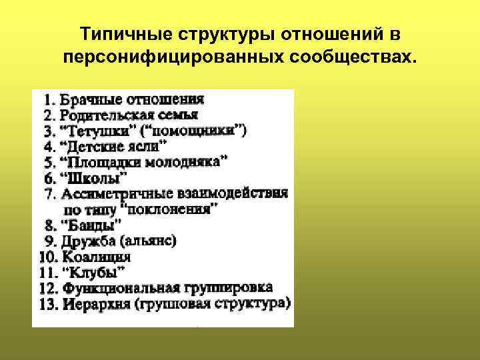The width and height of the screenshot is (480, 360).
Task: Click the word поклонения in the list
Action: pos(177,209)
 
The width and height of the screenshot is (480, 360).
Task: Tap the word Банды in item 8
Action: pos(91,224)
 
